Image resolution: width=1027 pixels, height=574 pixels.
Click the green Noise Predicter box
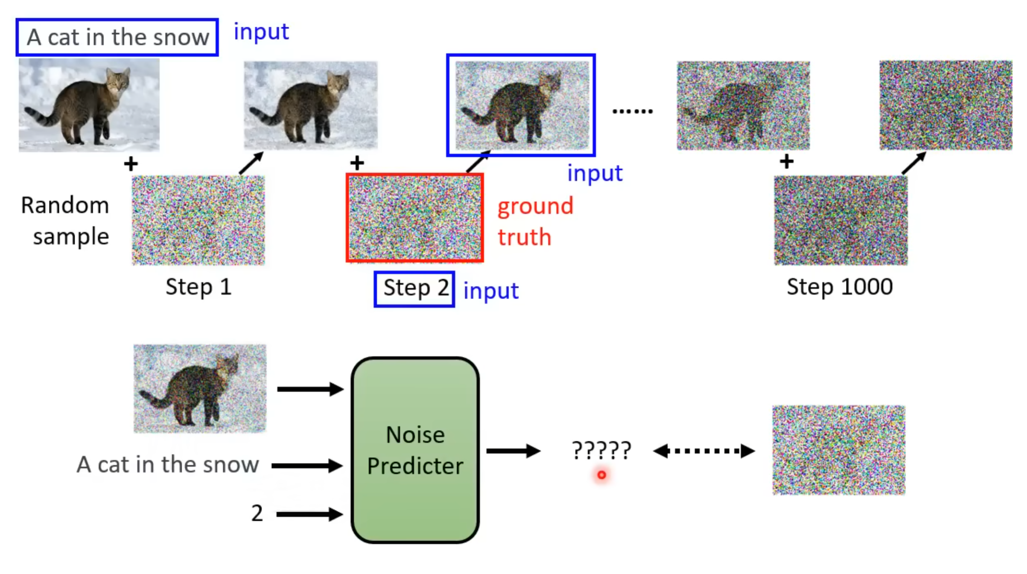coord(415,450)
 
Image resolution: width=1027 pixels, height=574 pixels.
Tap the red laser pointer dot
coord(601,475)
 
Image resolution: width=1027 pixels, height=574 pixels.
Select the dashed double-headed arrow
coord(704,451)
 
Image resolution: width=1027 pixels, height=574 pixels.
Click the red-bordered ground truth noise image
coord(414,218)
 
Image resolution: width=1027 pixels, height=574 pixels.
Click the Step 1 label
coord(198,286)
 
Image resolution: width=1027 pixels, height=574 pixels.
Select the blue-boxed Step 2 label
coord(414,288)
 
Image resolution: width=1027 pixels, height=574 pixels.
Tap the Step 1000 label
coord(839,286)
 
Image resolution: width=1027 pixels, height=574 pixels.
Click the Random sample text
coord(66,220)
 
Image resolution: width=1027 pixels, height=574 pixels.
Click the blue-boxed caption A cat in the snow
coord(117,37)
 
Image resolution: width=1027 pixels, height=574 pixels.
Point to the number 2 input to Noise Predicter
coord(257,513)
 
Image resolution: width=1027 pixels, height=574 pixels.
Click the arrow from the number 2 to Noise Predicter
coord(309,514)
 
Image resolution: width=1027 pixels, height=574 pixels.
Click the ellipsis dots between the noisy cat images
coord(632,111)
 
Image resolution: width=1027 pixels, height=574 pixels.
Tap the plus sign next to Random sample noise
coord(131,164)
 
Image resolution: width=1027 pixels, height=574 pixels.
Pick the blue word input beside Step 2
coord(490,291)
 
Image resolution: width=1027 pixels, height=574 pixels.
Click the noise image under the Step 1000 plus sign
coord(840,220)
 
